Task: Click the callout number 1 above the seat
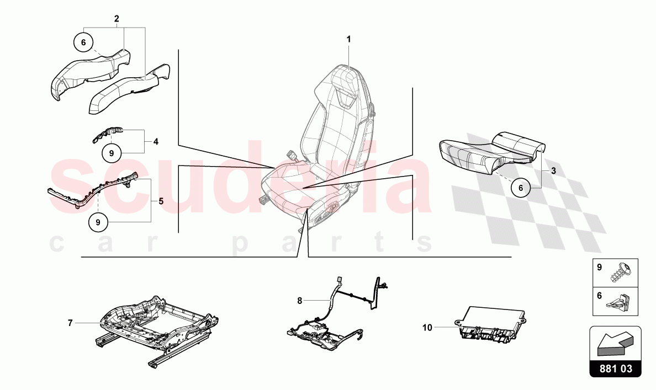(x=348, y=39)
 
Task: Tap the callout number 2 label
(x=117, y=19)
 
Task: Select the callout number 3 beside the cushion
(x=553, y=170)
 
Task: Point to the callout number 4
(x=156, y=142)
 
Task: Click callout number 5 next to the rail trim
(x=161, y=201)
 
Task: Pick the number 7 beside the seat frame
(x=70, y=323)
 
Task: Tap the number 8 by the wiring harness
(x=299, y=301)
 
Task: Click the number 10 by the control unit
(x=427, y=328)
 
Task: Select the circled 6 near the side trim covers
(x=83, y=42)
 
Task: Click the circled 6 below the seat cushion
(x=521, y=188)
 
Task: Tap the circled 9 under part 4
(x=112, y=153)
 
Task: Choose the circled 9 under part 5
(x=98, y=222)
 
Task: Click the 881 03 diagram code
(x=616, y=368)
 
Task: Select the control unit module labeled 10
(x=490, y=322)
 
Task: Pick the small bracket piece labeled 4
(x=108, y=133)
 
